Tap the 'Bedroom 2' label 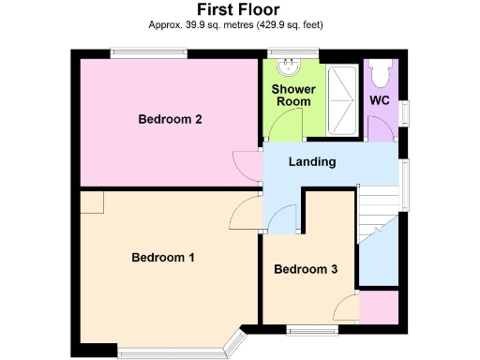(171, 119)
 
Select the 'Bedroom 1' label (162, 257)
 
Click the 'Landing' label (312, 162)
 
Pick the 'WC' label (380, 99)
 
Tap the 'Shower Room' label (293, 96)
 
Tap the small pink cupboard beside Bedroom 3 (379, 307)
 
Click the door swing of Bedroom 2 (248, 164)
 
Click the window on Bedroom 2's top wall (147, 53)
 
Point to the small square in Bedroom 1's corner (91, 203)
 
